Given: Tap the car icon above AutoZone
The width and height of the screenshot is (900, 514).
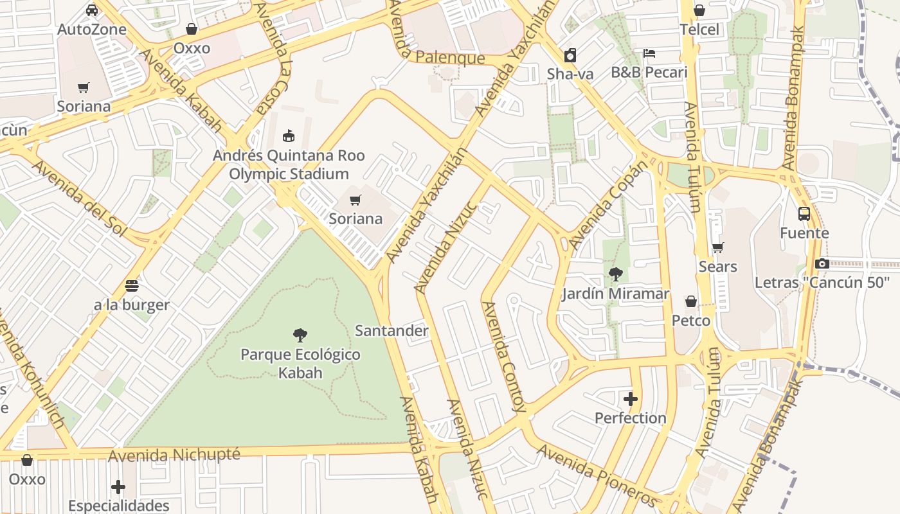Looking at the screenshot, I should (92, 10).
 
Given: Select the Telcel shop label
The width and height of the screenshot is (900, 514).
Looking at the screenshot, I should (699, 30).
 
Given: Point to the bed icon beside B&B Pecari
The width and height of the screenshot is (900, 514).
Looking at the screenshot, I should (649, 53).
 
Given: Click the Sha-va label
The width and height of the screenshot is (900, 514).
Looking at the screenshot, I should (570, 74).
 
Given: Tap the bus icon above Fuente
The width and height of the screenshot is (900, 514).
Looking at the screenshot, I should (804, 214).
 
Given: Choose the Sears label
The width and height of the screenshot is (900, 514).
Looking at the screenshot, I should (718, 266).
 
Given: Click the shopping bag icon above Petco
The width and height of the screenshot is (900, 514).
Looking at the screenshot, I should (691, 301).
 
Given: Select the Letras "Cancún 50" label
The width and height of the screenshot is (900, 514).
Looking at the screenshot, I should (822, 282).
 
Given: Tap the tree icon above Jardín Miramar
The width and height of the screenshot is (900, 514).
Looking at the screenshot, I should (615, 274).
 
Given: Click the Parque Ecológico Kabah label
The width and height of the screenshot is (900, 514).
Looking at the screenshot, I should (300, 364).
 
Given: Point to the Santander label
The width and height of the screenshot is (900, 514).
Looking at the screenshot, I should (392, 331).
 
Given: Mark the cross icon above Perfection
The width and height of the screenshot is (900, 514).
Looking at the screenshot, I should (631, 399).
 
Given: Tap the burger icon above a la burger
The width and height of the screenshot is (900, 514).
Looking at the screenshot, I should (132, 286).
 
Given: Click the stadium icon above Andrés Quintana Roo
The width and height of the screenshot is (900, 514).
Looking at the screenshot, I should (289, 136).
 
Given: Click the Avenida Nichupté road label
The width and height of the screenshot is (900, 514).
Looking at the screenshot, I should (174, 455).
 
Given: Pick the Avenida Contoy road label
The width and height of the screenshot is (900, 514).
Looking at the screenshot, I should (503, 357).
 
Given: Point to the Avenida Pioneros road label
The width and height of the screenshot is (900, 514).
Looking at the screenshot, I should (597, 476).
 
